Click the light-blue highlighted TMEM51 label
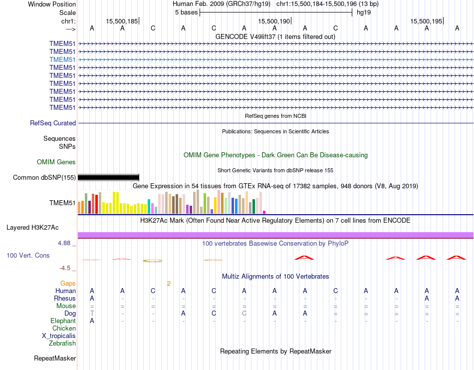tap(62, 59)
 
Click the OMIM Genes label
tap(56, 162)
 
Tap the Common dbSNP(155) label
tap(44, 177)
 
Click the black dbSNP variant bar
tap(108, 177)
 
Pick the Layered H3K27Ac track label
tap(32, 227)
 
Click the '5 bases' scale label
tap(186, 12)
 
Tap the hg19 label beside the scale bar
tap(363, 12)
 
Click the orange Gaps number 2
tap(169, 284)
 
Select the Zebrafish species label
tap(62, 343)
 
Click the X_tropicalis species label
tap(59, 336)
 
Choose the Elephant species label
tap(63, 321)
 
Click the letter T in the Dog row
tap(92, 313)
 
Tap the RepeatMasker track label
tap(55, 358)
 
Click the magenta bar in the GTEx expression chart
tap(264, 212)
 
